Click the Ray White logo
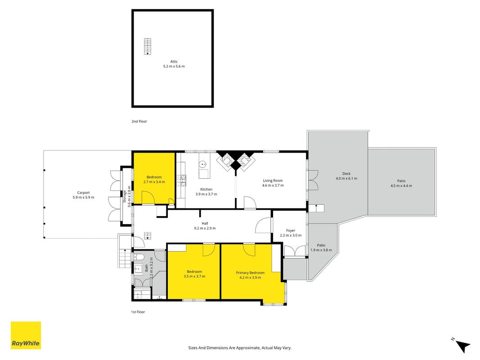(26, 335)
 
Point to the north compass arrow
(463, 345)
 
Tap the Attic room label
(174, 62)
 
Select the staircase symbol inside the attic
(148, 46)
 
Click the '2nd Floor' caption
(139, 121)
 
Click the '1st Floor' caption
(138, 312)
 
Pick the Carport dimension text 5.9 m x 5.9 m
(84, 198)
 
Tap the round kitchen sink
(202, 165)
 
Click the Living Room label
(273, 180)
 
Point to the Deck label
(346, 174)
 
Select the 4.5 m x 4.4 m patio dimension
(401, 186)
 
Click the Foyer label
(291, 230)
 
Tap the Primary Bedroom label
(250, 273)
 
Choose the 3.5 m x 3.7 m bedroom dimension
(194, 276)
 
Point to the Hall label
(205, 224)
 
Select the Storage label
(125, 197)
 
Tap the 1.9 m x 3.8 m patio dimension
(321, 250)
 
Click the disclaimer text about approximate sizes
(240, 348)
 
